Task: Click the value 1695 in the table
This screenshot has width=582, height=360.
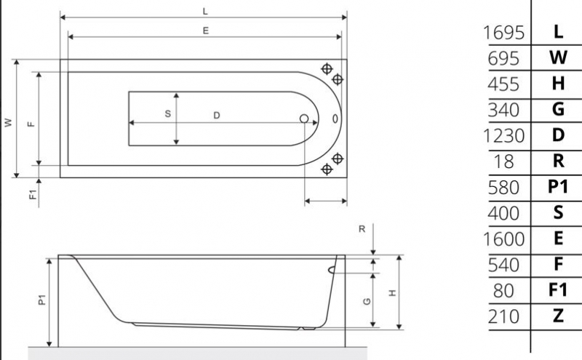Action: [x=503, y=33]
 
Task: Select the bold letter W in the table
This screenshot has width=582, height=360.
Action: [x=558, y=58]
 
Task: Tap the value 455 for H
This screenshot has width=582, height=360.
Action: [x=504, y=84]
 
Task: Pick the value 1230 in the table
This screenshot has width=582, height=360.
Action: [x=503, y=136]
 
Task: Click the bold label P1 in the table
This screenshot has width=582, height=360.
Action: [x=558, y=187]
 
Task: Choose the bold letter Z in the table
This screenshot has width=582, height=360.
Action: [x=558, y=316]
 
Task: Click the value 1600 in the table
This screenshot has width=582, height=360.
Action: [x=503, y=239]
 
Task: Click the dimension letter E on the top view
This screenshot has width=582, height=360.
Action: [x=207, y=31]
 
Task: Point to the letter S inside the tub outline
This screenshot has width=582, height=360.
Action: [x=167, y=114]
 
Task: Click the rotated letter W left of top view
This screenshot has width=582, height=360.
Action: [x=9, y=123]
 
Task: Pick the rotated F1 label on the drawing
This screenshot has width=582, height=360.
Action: [x=31, y=194]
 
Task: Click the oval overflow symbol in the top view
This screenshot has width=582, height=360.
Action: [x=334, y=119]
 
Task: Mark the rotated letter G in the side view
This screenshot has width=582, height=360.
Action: [x=368, y=300]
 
